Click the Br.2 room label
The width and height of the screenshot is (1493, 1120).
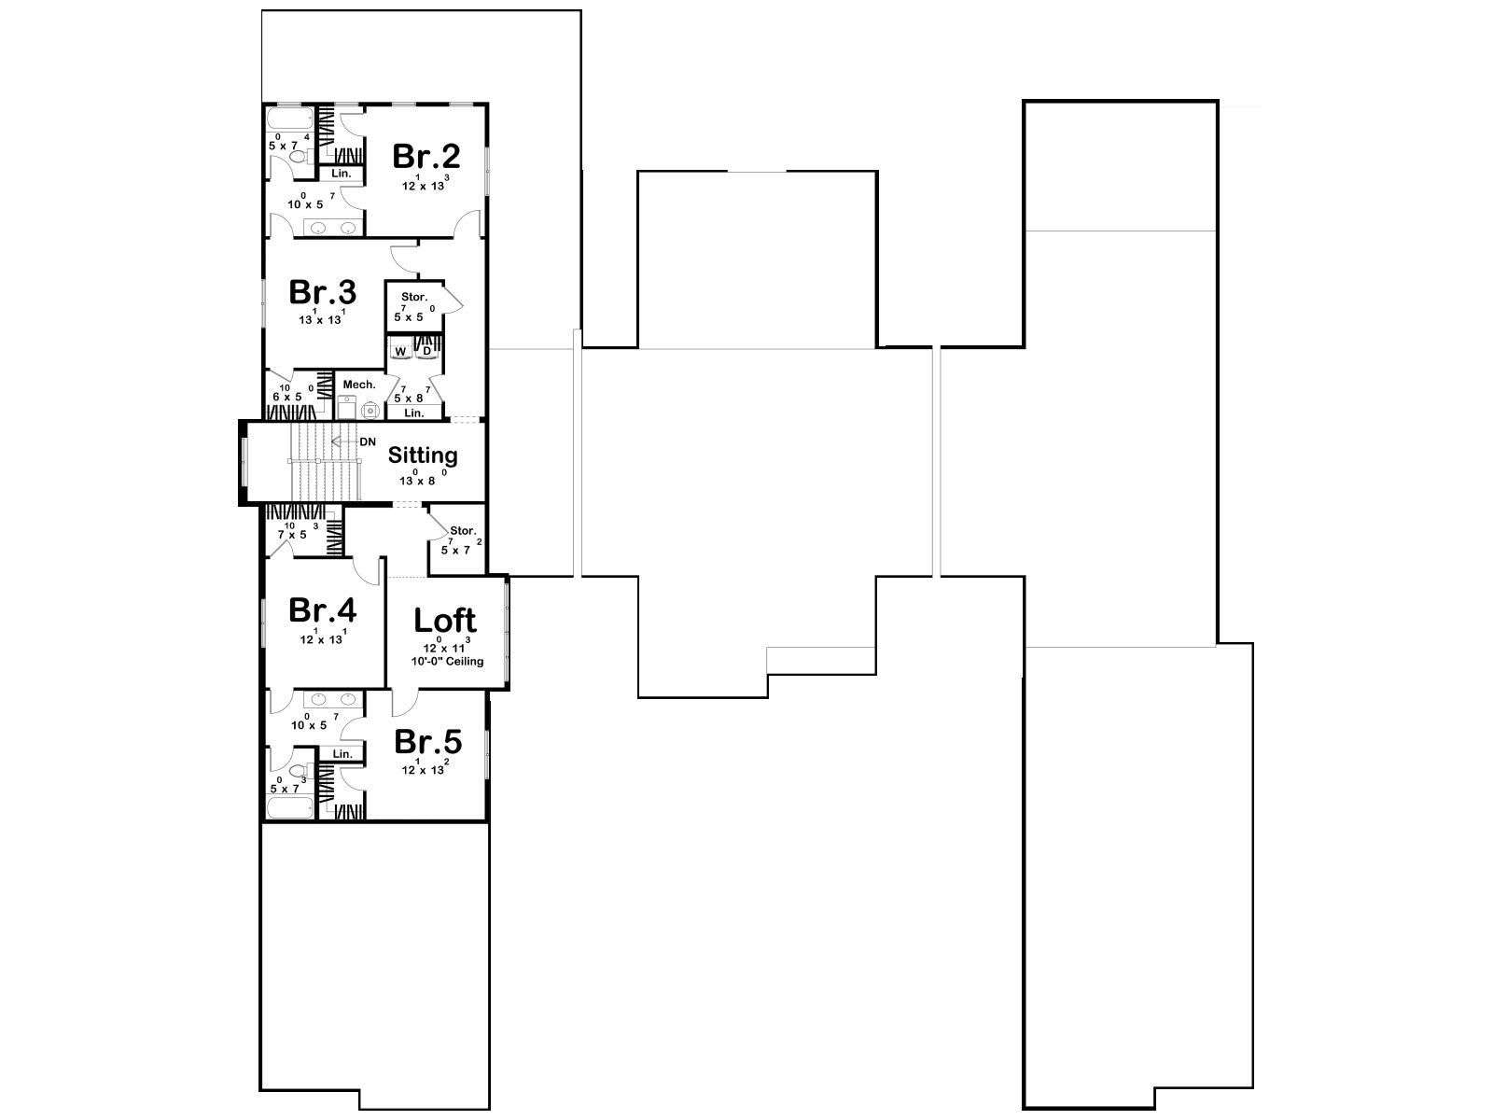[426, 157]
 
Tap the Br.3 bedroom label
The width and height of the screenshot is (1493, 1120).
[323, 292]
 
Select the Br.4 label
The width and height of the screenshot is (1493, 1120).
[323, 610]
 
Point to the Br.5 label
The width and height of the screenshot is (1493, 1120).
[427, 742]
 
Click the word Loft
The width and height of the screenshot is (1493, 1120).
[445, 620]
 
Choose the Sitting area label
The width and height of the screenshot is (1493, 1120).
[423, 455]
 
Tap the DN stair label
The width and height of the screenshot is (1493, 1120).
[368, 442]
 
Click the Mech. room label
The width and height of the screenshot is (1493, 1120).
[359, 385]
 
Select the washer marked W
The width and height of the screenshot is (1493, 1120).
[400, 350]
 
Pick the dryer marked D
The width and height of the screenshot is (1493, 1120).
[426, 350]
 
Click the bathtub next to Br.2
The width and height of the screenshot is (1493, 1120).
[290, 119]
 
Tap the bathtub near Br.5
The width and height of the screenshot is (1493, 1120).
[290, 808]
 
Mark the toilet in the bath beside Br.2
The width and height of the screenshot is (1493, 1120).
[300, 157]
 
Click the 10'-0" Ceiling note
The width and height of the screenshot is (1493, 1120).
[447, 661]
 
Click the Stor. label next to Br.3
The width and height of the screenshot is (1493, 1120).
[414, 297]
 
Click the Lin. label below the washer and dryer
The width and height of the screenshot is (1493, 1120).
[414, 413]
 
